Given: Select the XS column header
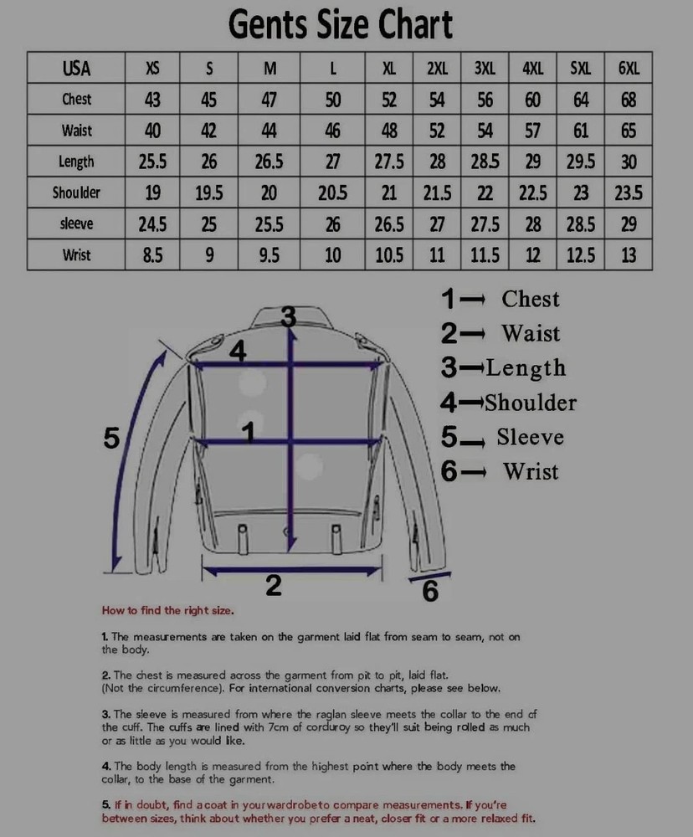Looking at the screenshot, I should [152, 69].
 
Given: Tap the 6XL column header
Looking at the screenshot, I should [629, 69].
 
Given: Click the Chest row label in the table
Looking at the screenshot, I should [76, 100].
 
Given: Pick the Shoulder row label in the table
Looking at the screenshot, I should [76, 193].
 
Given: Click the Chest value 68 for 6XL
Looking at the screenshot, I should [629, 100].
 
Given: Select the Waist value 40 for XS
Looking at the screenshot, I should [152, 131].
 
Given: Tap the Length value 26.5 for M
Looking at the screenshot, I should [269, 162].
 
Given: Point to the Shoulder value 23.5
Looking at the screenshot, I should [629, 193].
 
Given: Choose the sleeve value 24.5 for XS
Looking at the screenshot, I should [152, 223].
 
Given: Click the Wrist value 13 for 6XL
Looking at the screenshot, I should [629, 254].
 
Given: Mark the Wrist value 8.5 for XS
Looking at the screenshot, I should [152, 254].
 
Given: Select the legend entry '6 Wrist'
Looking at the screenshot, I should [500, 471].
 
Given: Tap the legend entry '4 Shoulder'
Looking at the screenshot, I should [508, 403].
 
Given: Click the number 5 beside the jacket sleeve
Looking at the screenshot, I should [111, 437].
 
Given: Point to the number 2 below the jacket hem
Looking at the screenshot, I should [274, 587].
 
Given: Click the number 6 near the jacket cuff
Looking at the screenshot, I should [430, 592].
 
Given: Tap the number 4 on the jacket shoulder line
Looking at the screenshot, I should [238, 352].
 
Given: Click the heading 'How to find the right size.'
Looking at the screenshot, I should [168, 610].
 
